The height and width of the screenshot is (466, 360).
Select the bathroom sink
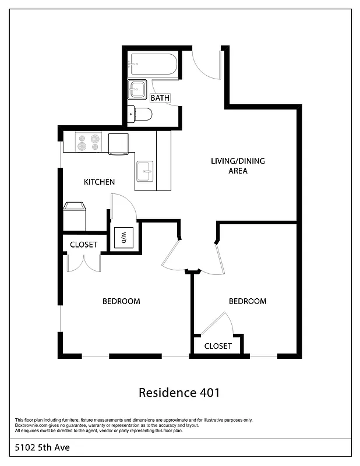click(x=137, y=90)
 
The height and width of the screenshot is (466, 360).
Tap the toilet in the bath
click(x=142, y=114)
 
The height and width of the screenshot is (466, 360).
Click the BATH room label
click(x=160, y=98)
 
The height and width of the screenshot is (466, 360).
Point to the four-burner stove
click(x=89, y=143)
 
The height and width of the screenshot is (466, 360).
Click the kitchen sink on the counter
click(x=145, y=171)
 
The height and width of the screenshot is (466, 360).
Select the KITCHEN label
click(x=99, y=182)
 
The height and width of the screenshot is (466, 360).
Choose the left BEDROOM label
click(x=121, y=301)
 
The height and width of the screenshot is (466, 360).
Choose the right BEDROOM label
click(x=248, y=301)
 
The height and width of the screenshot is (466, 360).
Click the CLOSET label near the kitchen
click(x=84, y=245)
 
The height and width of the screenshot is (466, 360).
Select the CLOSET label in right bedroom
click(x=218, y=346)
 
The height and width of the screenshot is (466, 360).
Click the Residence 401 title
click(x=179, y=393)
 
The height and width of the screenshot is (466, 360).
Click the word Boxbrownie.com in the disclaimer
click(x=33, y=425)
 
